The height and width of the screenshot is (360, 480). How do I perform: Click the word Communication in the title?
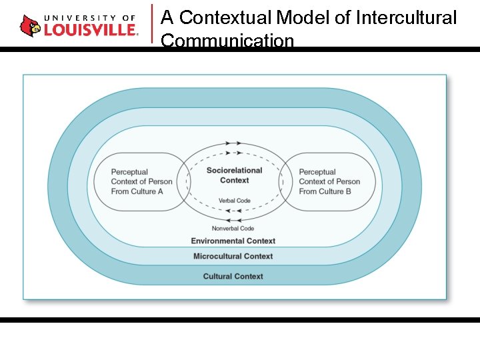point(227,41)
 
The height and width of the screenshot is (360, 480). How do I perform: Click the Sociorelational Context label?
point(234,175)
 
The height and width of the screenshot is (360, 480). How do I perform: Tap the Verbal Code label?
point(234,201)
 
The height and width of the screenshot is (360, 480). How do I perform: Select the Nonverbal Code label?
point(233,229)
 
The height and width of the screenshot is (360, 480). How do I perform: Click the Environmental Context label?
point(233,241)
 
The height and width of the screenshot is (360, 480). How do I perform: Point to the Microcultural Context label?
point(233,256)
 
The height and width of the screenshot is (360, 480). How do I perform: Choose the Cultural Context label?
point(233,276)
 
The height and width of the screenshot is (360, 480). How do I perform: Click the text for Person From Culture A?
point(141,181)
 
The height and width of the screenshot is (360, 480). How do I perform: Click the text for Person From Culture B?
point(329,181)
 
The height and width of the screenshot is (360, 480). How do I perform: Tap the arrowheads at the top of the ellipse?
point(233,143)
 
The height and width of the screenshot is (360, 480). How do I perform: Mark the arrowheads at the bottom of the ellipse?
point(233,219)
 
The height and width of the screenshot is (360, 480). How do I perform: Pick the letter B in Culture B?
point(349,191)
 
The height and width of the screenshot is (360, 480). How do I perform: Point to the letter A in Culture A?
point(160,191)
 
